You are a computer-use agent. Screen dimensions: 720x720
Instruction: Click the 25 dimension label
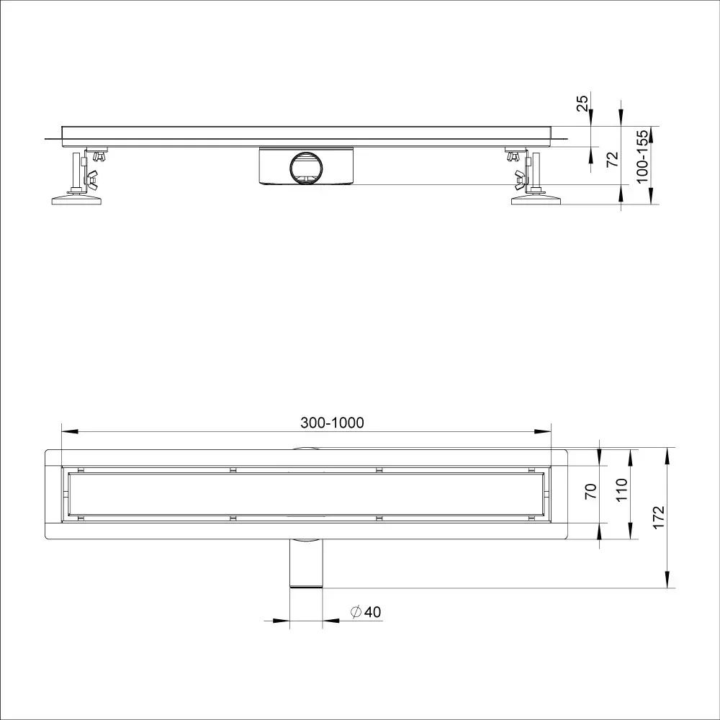(x=582, y=103)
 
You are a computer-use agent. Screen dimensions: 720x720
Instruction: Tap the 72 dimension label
(x=613, y=159)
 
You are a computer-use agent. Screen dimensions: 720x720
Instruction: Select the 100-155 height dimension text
(x=642, y=156)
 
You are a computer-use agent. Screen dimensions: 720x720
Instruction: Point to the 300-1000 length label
(x=332, y=423)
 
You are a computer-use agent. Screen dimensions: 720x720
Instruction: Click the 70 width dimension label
(x=591, y=491)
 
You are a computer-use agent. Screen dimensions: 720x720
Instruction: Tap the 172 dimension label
(x=659, y=518)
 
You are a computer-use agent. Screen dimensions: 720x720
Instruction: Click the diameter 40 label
(x=366, y=611)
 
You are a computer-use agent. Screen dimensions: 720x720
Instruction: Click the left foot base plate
(x=76, y=199)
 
